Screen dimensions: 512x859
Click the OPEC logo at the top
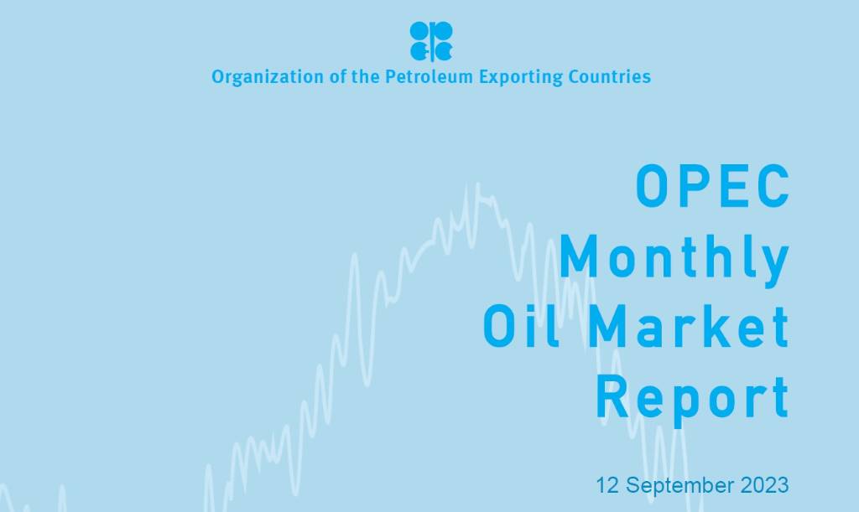(431, 41)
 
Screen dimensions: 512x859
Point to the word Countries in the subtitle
(607, 77)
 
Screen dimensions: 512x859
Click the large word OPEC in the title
(712, 186)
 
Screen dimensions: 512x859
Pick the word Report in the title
(693, 397)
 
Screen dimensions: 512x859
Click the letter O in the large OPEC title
(652, 186)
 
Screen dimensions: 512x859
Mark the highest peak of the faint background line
(478, 184)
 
